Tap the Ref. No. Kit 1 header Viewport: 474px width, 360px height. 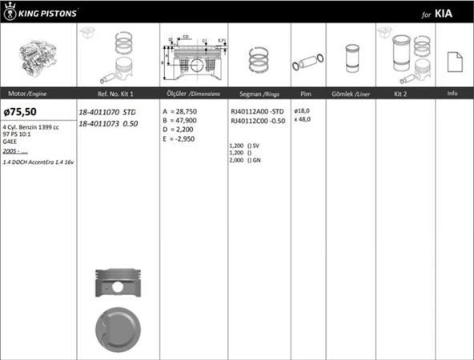pyautogui.click(x=109, y=94)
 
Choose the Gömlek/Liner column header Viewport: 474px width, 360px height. pyautogui.click(x=349, y=94)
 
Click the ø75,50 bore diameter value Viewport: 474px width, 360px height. pyautogui.click(x=21, y=111)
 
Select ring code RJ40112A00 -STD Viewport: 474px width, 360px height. pyautogui.click(x=256, y=111)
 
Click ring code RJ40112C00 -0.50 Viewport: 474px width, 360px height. pyautogui.click(x=256, y=121)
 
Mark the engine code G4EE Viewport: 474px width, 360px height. pyautogui.click(x=12, y=141)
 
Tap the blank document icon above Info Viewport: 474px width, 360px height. pyautogui.click(x=453, y=61)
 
